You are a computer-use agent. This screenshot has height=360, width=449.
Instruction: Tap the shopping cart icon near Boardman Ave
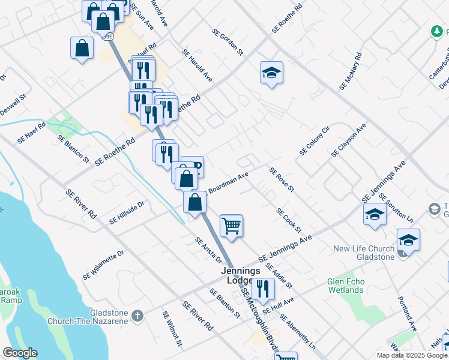pos(231,226)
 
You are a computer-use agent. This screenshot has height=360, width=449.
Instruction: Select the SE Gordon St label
pos(228,42)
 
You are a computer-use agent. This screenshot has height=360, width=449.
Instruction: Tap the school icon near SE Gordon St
pos(271,73)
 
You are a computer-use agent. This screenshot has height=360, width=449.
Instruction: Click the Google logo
pos(19,353)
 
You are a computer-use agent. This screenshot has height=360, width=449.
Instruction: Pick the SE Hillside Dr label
pos(127,213)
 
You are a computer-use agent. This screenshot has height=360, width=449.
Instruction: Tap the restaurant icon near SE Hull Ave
pos(262,289)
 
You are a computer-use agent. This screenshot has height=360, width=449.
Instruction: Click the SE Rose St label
pos(282,180)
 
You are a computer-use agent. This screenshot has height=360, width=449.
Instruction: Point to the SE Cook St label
pos(289,221)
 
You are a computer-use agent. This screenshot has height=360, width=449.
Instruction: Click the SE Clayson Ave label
pos(348,141)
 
